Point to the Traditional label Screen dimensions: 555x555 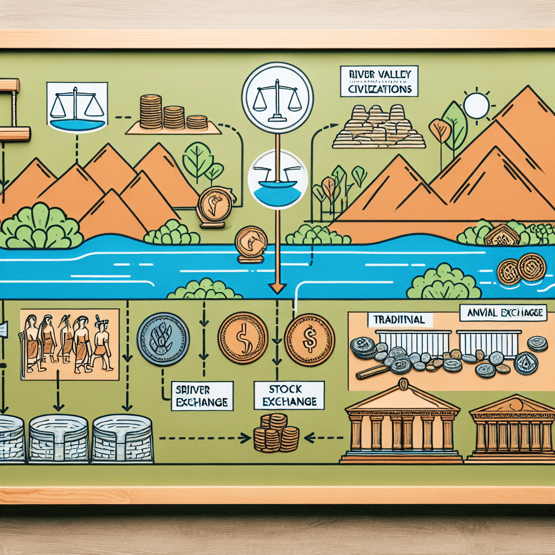[x=401, y=320]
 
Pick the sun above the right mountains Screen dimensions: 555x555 [x=476, y=105]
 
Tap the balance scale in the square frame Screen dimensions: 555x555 [x=76, y=106]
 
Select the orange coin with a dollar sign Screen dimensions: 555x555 [x=309, y=340]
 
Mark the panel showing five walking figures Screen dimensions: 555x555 [x=69, y=344]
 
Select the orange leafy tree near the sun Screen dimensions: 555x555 [x=439, y=131]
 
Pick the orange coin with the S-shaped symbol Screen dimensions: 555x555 [x=242, y=337]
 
